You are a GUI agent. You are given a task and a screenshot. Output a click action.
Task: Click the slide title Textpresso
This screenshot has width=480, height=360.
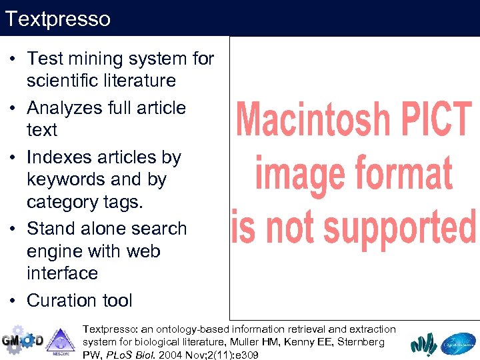57,19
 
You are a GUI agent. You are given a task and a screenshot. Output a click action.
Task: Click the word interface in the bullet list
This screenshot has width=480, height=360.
62,273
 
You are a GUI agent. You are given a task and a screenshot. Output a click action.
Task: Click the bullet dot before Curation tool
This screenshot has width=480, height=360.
13,301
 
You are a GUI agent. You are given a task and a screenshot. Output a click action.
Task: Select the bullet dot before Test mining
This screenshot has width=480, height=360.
13,59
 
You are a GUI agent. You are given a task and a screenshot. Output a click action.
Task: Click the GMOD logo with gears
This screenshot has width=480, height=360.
21,340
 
